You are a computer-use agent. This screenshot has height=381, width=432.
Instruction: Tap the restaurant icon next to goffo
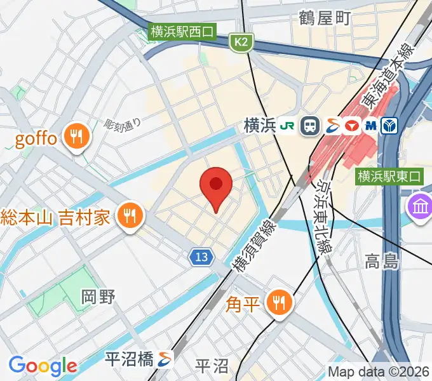click(x=78, y=137)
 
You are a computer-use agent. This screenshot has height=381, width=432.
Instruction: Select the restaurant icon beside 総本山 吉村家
click(x=130, y=217)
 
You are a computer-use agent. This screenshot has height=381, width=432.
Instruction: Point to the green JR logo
click(x=287, y=126)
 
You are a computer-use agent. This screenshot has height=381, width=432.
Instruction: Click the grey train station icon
click(x=311, y=126)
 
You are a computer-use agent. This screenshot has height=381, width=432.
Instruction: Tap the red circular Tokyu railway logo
click(x=350, y=126)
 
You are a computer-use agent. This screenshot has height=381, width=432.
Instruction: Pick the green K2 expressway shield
click(x=240, y=42)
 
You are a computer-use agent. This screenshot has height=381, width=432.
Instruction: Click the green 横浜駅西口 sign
click(x=182, y=30)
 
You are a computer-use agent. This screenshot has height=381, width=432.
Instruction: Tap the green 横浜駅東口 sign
click(x=389, y=177)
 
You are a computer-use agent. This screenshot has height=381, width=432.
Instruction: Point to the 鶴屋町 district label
click(x=325, y=18)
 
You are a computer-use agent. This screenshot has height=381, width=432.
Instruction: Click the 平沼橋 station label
click(x=130, y=359)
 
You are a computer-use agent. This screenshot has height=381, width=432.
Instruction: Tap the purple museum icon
click(x=420, y=207)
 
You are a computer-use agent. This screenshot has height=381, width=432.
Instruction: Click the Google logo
click(x=43, y=366)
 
